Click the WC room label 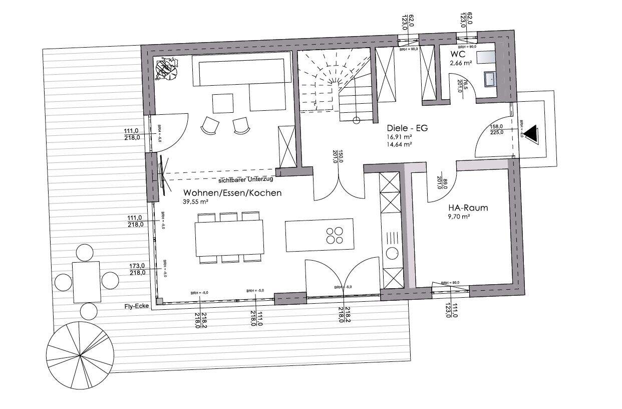tap(457, 54)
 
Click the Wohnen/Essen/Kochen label tap(232, 193)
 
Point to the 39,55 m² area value tap(196, 201)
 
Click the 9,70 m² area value tap(459, 217)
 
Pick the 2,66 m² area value tap(461, 63)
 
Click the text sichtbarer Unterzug tap(246, 180)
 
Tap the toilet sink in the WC tap(489, 79)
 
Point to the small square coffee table tap(223, 103)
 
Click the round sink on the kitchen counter tap(392, 253)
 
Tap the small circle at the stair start tap(357, 120)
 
